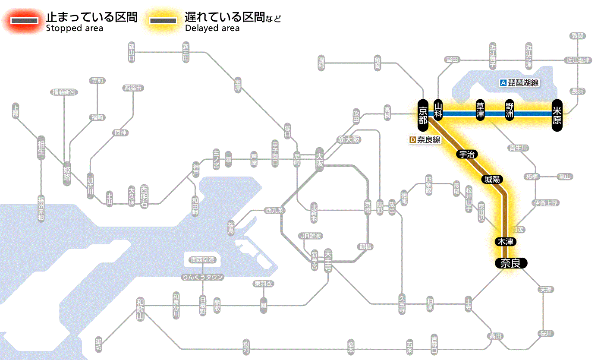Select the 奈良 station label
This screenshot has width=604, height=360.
coord(511,263)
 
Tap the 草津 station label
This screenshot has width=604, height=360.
coord(480,110)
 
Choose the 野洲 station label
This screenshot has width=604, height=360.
coord(510,110)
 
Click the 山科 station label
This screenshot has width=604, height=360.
coord(438,110)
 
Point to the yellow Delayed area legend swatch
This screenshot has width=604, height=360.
coord(163,21)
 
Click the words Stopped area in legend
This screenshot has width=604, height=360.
coord(74,28)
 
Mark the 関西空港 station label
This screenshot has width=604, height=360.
coord(202,260)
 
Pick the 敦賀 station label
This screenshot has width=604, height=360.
coord(577,36)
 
